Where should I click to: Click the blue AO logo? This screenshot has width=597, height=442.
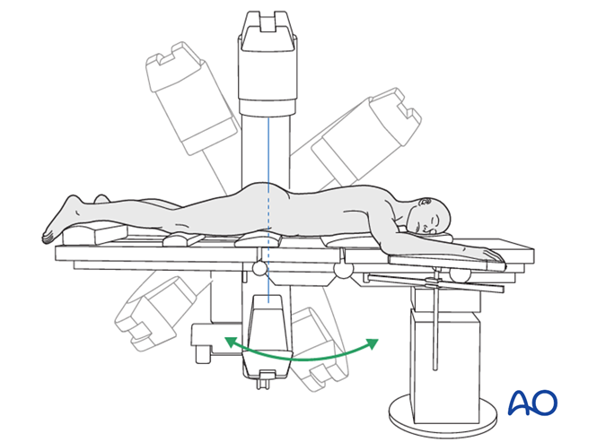tap(532, 403)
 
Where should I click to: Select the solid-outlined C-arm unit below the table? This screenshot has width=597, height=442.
tap(267, 336)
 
